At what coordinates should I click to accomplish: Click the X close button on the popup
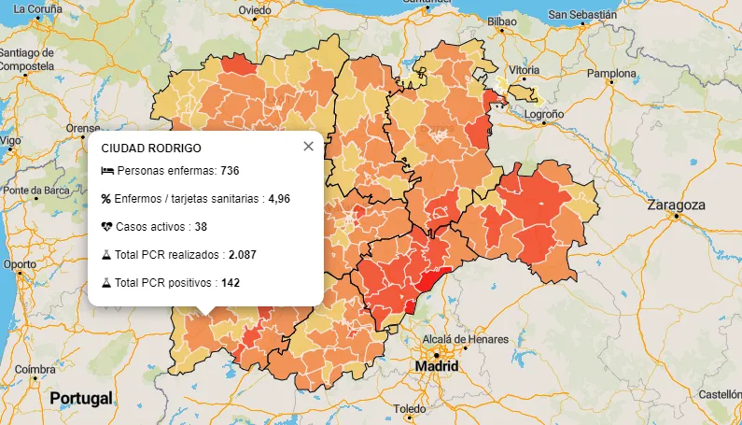click(x=309, y=147)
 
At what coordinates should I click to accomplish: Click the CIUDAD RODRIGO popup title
click(x=151, y=148)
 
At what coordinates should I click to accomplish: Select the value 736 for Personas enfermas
click(x=231, y=171)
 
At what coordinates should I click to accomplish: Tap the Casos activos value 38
click(x=201, y=227)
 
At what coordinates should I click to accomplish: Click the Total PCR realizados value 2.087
click(x=243, y=254)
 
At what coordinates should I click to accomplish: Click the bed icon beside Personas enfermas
click(x=107, y=171)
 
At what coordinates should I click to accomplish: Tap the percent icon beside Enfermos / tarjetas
click(x=106, y=199)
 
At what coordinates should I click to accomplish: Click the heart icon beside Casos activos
click(x=107, y=227)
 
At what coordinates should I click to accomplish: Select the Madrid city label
click(x=437, y=366)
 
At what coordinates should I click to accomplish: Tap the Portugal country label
click(x=81, y=398)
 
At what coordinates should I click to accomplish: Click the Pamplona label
click(x=610, y=72)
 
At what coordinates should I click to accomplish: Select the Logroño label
click(x=544, y=114)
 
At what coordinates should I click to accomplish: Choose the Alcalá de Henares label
click(x=466, y=338)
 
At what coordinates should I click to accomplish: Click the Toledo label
click(x=409, y=409)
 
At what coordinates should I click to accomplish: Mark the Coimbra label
click(x=35, y=368)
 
